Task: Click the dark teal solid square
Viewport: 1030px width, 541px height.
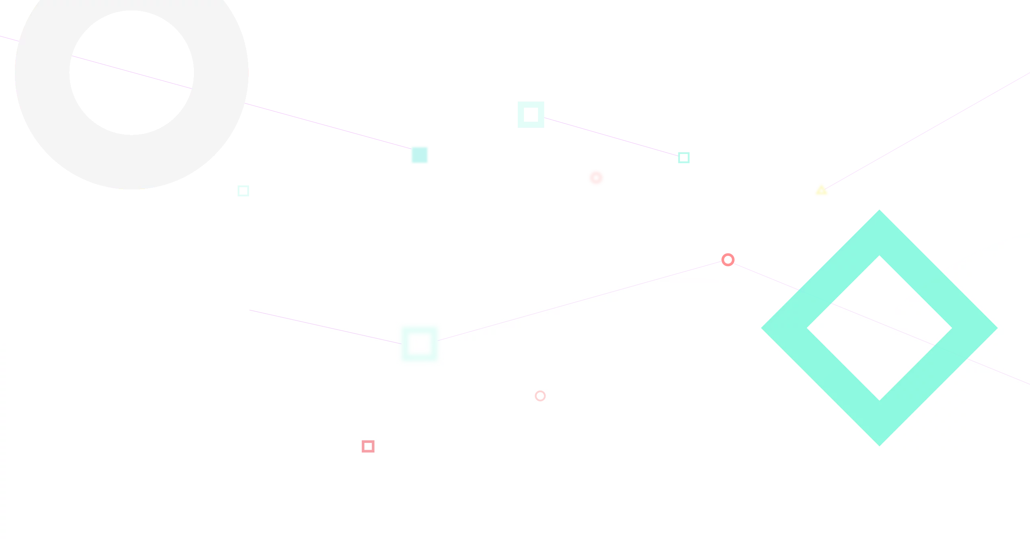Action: [419, 155]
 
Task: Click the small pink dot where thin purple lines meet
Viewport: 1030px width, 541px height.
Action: [728, 259]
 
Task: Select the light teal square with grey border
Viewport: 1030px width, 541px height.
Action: [531, 114]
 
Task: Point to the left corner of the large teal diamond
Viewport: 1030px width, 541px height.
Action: [764, 328]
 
